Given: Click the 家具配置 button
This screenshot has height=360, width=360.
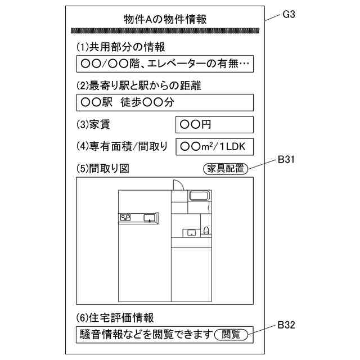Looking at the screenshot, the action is pos(225,168).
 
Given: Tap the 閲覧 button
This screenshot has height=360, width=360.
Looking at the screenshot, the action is pos(231,334).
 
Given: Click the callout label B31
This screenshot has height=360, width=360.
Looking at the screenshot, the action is pos(287,160).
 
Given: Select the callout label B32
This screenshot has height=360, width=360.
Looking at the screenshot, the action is pos(287,325).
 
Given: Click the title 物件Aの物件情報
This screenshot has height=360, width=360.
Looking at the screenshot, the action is pos(165,19).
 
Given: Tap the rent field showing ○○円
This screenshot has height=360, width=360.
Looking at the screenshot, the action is pos(214,124).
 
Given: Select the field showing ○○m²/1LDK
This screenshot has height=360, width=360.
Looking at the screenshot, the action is pos(214,146).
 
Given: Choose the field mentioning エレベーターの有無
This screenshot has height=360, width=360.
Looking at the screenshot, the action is pos(164,64).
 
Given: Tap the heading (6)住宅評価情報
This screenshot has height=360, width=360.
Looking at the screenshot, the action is pos(115,318).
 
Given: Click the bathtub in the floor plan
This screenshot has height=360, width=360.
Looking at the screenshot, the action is pos(199,196).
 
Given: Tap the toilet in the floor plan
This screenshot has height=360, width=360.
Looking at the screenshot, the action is pos(206,230).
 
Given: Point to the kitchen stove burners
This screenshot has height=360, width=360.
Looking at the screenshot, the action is pos(125,217).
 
